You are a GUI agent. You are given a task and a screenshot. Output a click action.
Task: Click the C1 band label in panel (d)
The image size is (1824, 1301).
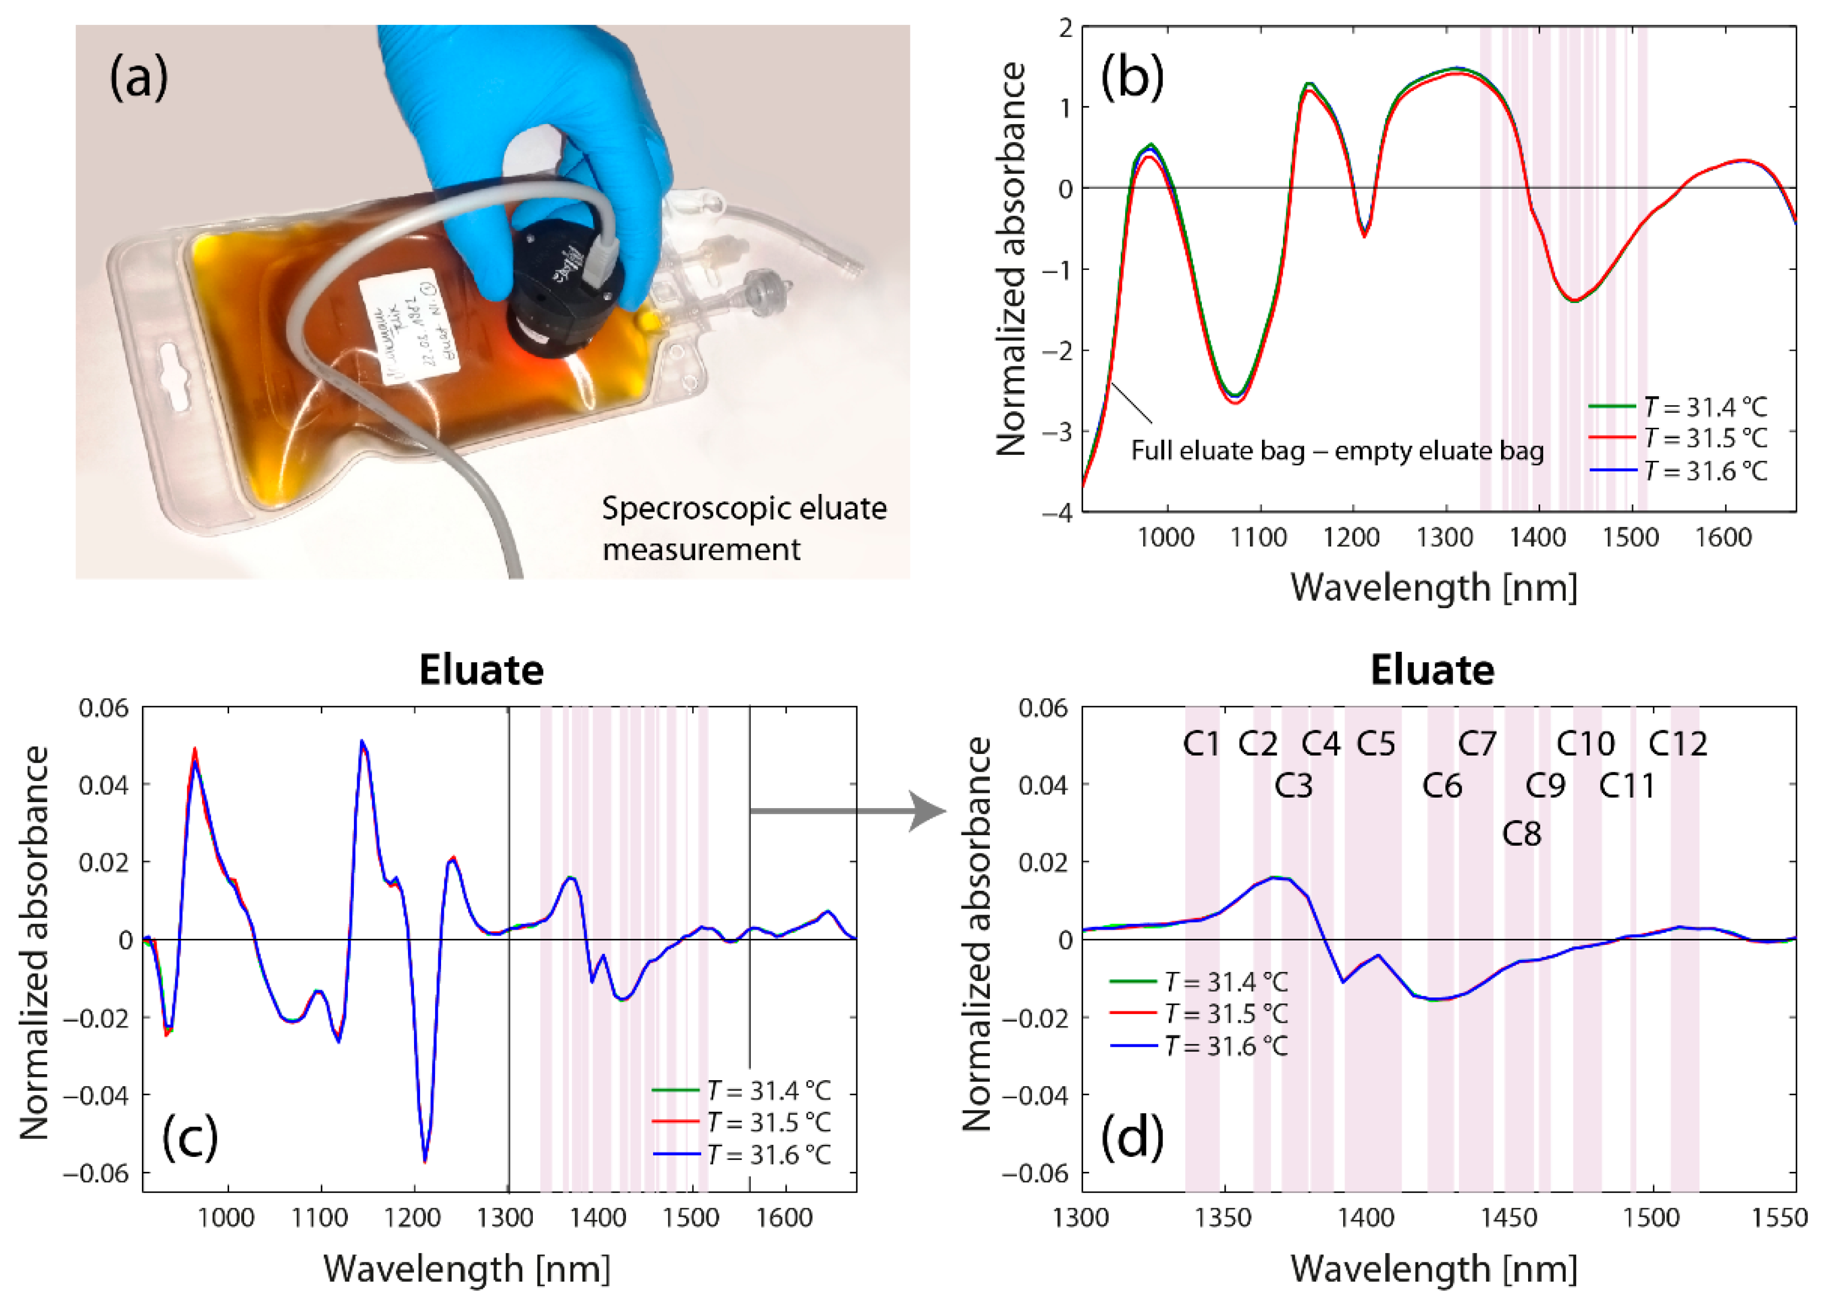(1200, 744)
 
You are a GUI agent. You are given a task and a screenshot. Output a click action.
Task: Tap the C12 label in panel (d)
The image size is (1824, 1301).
(1677, 744)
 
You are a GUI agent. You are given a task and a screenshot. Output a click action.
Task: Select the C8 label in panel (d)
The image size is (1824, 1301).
(1521, 834)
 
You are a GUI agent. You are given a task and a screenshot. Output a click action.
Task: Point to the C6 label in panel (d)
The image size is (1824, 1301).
(1442, 786)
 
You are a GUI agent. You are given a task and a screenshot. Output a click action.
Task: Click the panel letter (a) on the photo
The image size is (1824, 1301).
(139, 78)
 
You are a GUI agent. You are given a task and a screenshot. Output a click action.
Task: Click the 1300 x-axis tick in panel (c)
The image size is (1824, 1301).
(506, 1219)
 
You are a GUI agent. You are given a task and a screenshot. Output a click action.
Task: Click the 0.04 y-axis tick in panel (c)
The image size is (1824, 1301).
(104, 784)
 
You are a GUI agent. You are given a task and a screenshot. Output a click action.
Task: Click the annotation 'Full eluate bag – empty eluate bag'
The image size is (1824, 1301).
(1336, 451)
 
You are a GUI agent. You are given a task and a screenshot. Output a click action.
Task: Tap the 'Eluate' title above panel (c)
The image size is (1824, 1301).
(481, 670)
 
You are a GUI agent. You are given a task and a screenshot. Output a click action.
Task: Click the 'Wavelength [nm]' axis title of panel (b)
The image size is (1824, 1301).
(1433, 587)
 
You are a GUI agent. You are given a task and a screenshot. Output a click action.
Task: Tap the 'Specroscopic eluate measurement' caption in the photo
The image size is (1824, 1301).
(744, 529)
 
